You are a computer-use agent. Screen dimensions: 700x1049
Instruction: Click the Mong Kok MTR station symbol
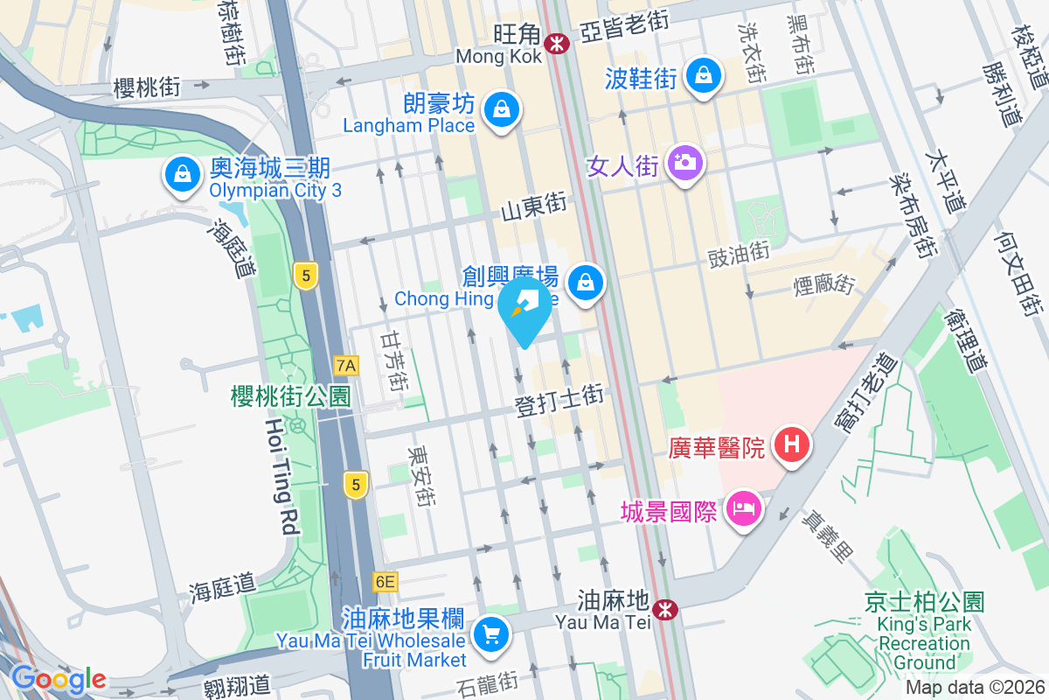(555, 41)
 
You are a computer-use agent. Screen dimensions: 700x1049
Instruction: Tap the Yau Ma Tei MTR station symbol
(666, 608)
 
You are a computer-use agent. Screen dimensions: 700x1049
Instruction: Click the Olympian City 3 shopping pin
(181, 174)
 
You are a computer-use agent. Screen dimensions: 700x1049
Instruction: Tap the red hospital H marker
(791, 444)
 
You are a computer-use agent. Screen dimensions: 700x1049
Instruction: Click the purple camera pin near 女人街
(684, 162)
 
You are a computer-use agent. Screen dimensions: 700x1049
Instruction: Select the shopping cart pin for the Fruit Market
(490, 633)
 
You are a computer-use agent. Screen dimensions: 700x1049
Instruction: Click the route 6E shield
(385, 581)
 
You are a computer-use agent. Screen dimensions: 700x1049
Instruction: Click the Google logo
(59, 679)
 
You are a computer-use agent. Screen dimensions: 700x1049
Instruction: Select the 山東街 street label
(533, 208)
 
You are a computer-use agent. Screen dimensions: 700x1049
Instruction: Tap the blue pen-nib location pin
(525, 308)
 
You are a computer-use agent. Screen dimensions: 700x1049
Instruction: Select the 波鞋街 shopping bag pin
(703, 75)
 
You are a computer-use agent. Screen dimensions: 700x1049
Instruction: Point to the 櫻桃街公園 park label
(290, 396)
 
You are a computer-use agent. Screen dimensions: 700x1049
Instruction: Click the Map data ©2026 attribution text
(974, 688)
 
